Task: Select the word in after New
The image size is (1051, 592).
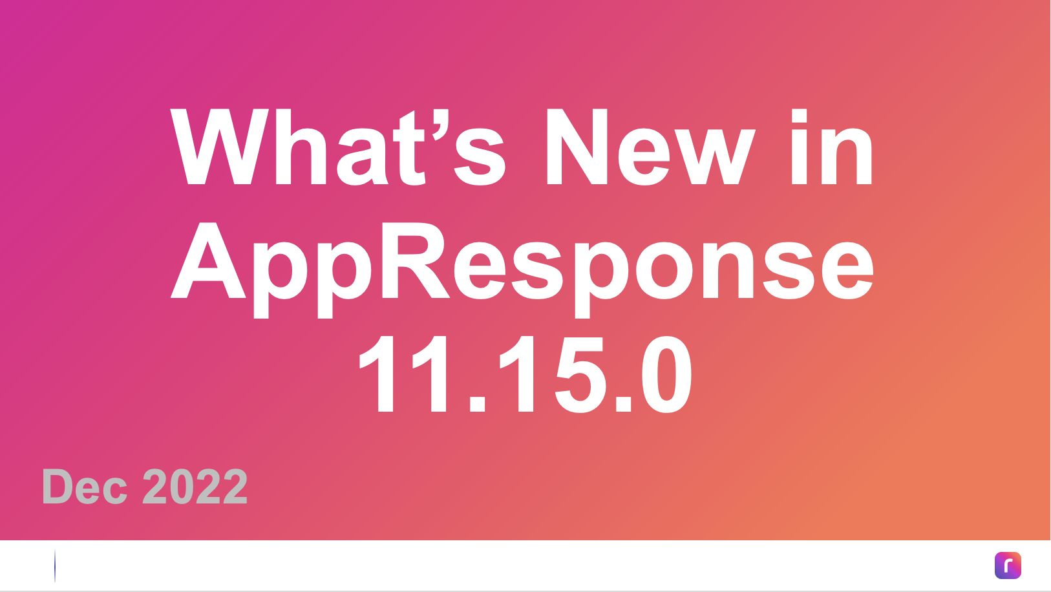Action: click(x=831, y=147)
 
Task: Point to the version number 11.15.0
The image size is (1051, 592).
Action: click(x=525, y=374)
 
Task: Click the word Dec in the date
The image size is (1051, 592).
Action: click(x=85, y=487)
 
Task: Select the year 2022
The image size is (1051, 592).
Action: click(x=195, y=486)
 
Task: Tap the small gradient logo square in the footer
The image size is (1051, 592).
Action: click(x=1008, y=566)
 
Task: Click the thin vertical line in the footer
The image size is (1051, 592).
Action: click(x=55, y=566)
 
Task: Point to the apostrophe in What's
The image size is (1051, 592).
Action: click(x=441, y=125)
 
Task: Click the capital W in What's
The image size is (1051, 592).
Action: click(x=220, y=147)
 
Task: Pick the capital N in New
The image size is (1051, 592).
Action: click(x=577, y=147)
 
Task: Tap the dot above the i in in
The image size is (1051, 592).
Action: click(x=799, y=116)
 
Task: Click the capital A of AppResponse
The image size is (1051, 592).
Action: click(x=208, y=260)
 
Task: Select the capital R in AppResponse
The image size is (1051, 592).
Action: click(x=415, y=260)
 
